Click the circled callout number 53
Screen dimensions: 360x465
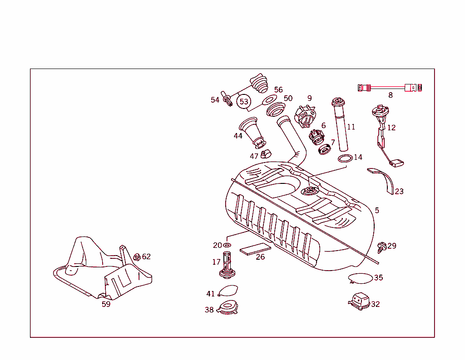(x=244, y=101)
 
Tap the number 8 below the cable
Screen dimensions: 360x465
(x=390, y=95)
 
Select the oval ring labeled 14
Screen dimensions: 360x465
(x=345, y=158)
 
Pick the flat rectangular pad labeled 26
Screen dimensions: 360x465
(x=255, y=249)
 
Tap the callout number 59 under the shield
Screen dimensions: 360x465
(x=106, y=304)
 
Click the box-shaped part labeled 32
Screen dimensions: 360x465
(x=359, y=301)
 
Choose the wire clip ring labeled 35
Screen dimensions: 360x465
(x=360, y=277)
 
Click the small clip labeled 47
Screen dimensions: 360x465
(x=266, y=154)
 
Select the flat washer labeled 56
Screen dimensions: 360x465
(x=270, y=99)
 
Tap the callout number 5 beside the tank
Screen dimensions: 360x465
(x=377, y=211)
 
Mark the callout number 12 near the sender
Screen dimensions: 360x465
(x=391, y=128)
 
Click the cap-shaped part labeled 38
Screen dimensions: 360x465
(x=228, y=309)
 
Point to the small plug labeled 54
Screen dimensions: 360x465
(x=227, y=99)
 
